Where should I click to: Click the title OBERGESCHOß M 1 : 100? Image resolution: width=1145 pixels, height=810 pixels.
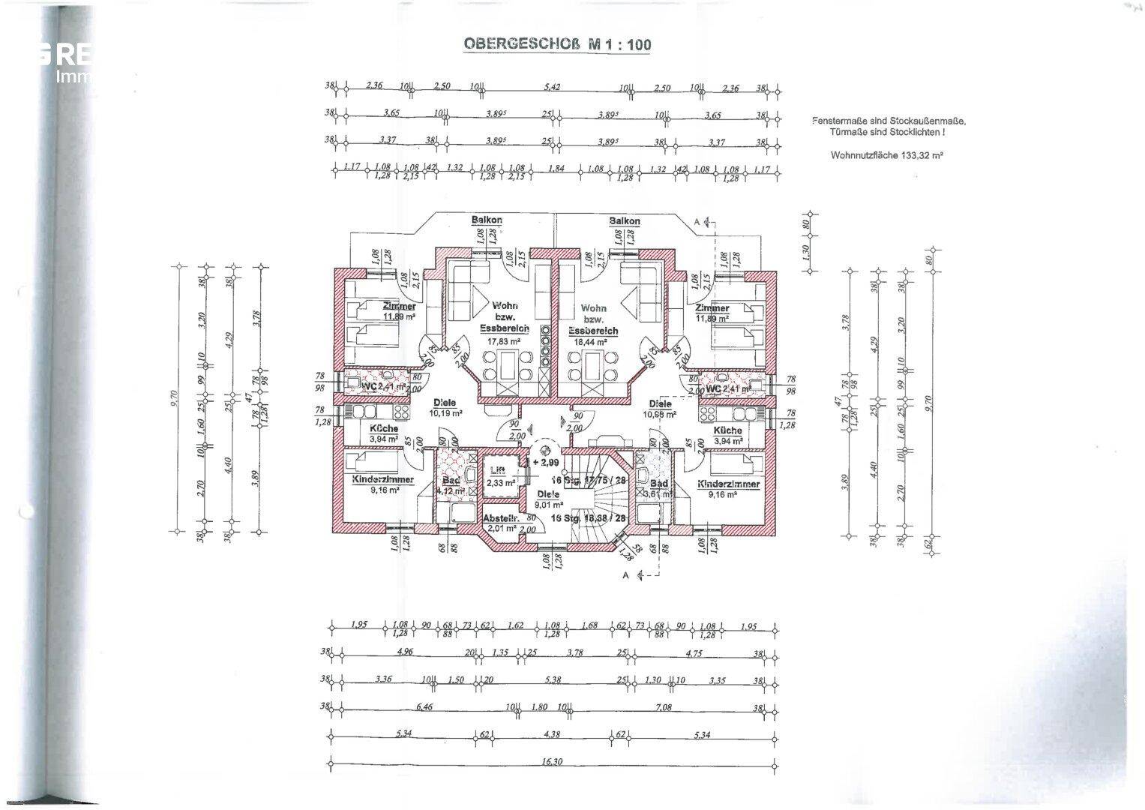pyautogui.click(x=557, y=43)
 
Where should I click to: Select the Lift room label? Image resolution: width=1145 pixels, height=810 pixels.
pyautogui.click(x=497, y=470)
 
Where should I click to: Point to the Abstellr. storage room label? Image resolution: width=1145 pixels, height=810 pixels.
pyautogui.click(x=499, y=518)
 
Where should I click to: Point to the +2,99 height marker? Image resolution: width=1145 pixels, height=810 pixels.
pyautogui.click(x=546, y=463)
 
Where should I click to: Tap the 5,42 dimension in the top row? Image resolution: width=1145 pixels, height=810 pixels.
pyautogui.click(x=551, y=87)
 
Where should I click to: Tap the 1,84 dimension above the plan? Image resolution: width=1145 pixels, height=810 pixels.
pyautogui.click(x=556, y=168)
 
